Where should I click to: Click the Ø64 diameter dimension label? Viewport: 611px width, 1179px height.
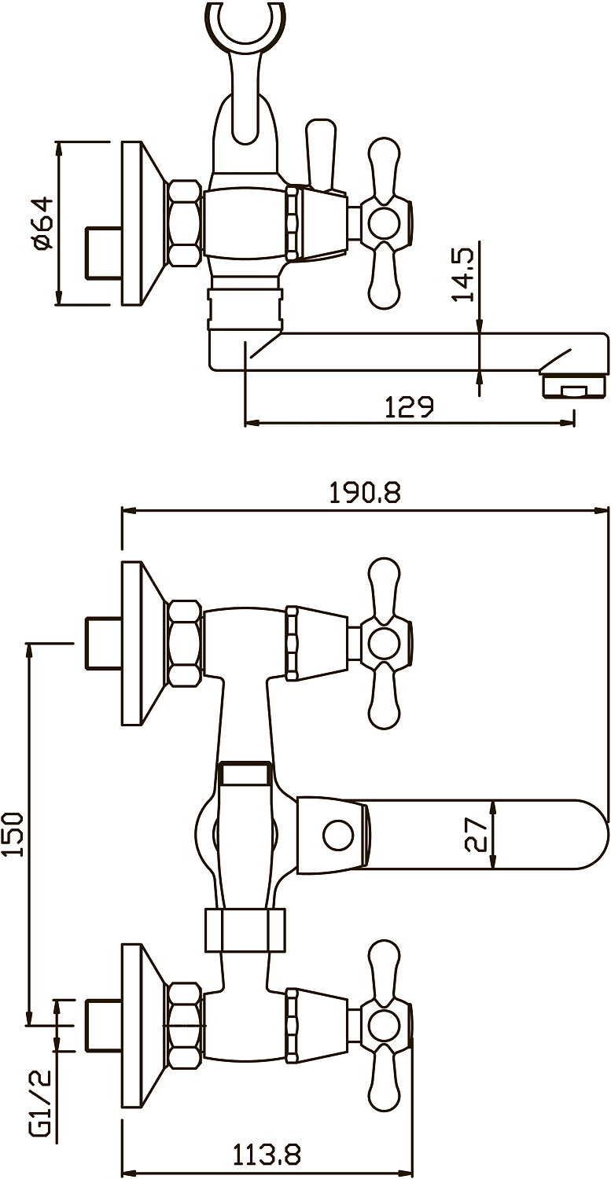[42, 222]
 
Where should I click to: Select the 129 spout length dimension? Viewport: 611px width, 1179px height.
[409, 407]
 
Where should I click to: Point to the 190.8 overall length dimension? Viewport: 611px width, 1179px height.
[365, 493]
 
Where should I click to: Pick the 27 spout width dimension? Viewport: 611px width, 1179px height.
[477, 834]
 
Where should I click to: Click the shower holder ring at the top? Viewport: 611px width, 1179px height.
[246, 26]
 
